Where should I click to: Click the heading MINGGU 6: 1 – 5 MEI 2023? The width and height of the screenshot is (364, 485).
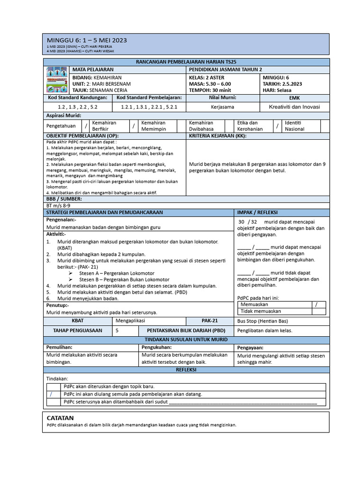[86, 41]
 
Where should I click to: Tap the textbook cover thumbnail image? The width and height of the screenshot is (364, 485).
[57, 80]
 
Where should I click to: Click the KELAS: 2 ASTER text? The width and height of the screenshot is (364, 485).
[207, 77]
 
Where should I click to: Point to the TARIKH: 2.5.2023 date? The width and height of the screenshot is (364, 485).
[282, 83]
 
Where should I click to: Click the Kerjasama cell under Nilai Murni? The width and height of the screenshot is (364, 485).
[222, 107]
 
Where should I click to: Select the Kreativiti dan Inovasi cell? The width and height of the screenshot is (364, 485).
[294, 107]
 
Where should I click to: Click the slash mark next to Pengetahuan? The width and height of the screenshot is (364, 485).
[86, 126]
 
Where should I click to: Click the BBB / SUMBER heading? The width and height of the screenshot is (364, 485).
[64, 199]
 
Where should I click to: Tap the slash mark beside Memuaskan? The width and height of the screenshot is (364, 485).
[316, 305]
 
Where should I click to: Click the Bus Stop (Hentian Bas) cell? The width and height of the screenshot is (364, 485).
[260, 321]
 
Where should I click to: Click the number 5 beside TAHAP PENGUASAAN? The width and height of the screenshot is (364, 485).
[117, 331]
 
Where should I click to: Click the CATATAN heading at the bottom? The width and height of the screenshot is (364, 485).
[60, 418]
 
